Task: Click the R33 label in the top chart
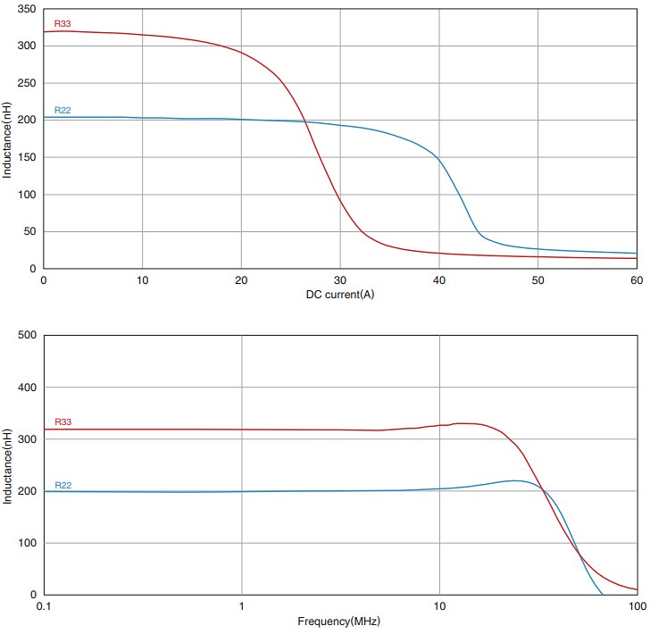click(62, 24)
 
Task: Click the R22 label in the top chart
click(62, 111)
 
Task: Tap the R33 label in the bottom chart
click(62, 421)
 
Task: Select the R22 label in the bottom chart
click(62, 486)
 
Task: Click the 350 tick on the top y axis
click(26, 9)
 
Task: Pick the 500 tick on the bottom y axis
click(26, 336)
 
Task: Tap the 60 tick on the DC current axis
click(636, 280)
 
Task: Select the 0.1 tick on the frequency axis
click(44, 607)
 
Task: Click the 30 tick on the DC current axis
click(339, 280)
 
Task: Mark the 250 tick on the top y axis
click(26, 83)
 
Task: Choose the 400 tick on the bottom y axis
click(26, 388)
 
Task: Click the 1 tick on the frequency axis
click(241, 607)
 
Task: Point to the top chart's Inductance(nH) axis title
click(7, 138)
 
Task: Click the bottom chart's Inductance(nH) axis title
click(7, 464)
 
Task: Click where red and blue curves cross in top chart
click(304, 121)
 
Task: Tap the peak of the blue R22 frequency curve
click(514, 480)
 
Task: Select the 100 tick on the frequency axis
click(636, 607)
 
